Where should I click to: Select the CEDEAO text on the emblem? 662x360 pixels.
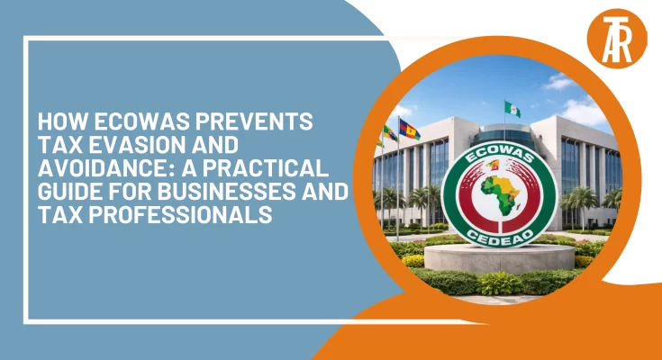point(500,234)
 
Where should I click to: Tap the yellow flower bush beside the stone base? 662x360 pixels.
point(413,260)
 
